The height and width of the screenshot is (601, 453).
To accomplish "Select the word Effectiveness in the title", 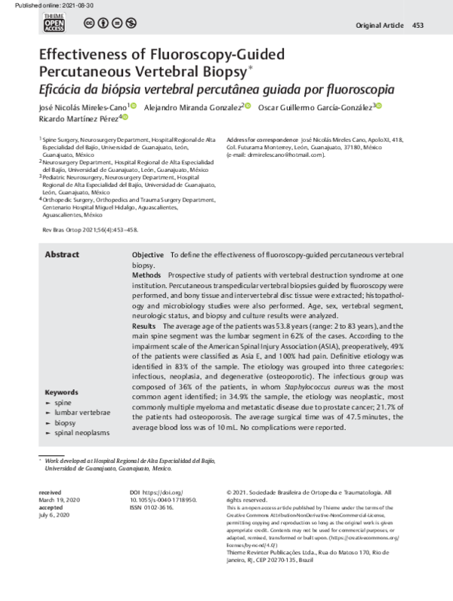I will point(84,55).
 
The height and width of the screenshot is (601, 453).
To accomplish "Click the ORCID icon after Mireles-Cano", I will point(134,107).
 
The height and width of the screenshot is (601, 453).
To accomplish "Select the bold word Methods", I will point(146,277).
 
